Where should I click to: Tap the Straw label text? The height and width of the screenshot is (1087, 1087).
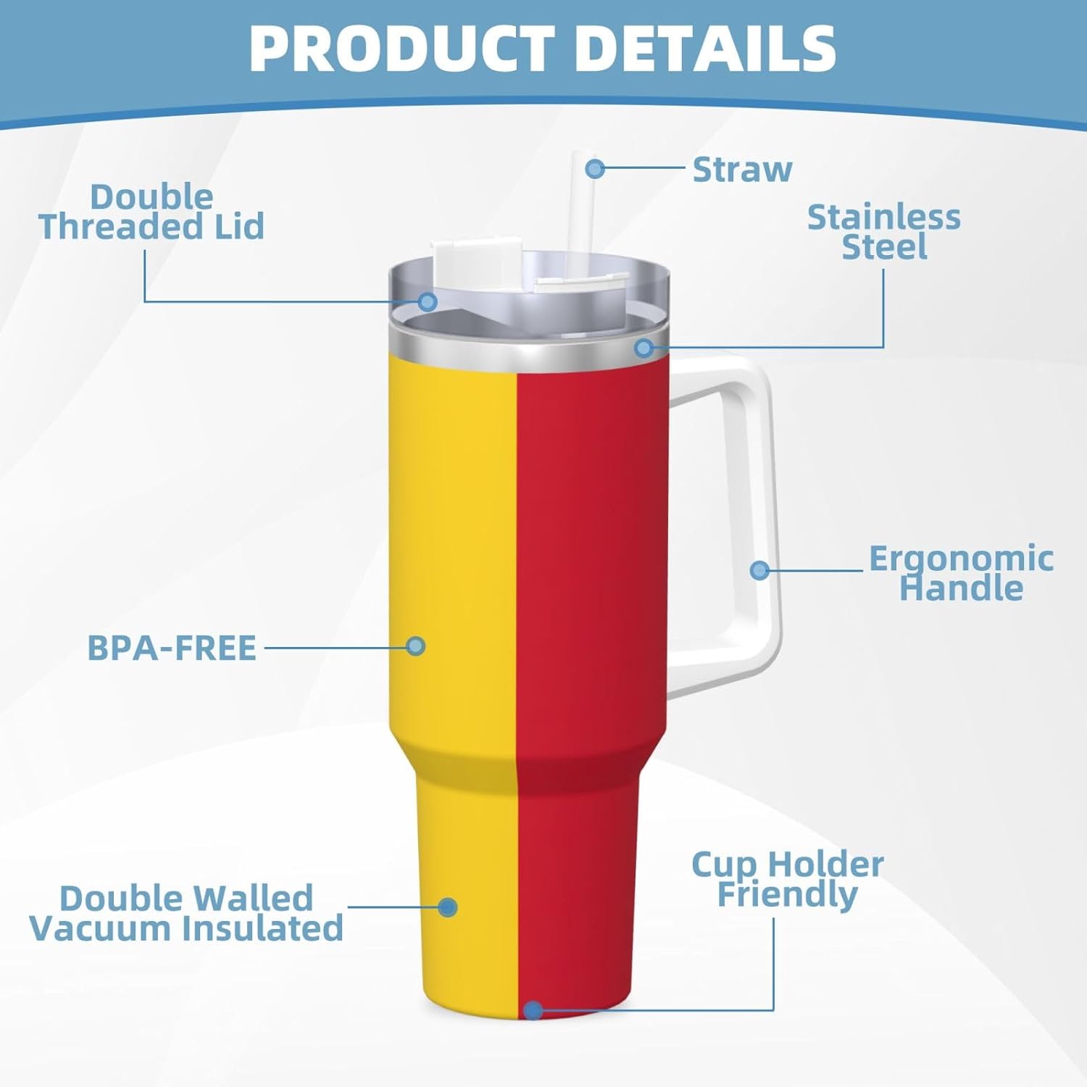(x=742, y=170)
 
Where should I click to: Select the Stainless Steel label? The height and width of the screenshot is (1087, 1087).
(x=884, y=232)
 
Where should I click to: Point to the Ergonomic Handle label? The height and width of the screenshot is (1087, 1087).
(x=961, y=573)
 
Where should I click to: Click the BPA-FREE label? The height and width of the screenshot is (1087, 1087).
(x=172, y=648)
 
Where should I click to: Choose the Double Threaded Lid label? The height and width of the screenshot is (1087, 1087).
(x=151, y=212)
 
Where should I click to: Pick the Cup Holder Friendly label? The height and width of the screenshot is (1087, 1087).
(x=788, y=879)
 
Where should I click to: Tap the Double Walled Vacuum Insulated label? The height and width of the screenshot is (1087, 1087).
(x=186, y=913)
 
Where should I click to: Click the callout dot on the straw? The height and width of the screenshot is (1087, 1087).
(x=595, y=169)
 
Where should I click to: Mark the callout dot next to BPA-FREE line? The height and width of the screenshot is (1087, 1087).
(x=415, y=646)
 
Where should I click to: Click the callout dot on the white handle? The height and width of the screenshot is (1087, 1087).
(x=759, y=570)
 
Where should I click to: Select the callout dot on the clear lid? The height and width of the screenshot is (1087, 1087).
(x=428, y=301)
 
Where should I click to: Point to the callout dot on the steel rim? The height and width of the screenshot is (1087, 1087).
(x=643, y=349)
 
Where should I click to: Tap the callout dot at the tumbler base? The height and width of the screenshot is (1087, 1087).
(x=533, y=1010)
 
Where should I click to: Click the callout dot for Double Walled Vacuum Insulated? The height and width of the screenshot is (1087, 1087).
(x=448, y=907)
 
